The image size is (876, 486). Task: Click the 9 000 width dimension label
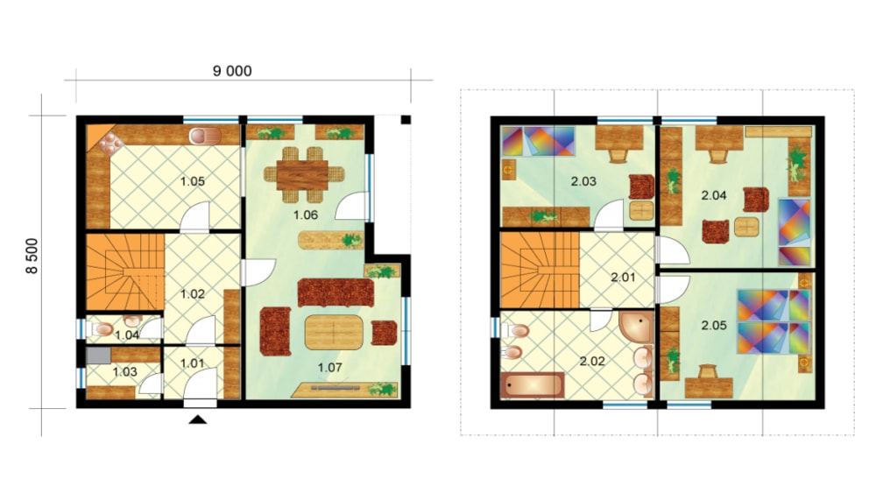[232, 71]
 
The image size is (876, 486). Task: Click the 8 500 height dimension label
[32, 256]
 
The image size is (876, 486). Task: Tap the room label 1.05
[192, 181]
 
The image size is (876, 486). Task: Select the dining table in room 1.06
[302, 175]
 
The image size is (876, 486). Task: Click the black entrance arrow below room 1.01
[198, 419]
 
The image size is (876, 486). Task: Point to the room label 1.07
[329, 368]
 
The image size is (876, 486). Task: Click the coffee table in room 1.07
[334, 333]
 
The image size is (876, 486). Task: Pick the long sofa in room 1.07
[336, 292]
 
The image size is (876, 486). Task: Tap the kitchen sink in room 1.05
[205, 136]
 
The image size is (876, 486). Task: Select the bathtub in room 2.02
[533, 385]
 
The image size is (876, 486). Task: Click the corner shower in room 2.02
[636, 327]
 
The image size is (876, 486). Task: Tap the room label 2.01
[623, 277]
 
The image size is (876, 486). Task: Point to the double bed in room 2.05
[774, 321]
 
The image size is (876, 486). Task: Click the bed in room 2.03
[538, 141]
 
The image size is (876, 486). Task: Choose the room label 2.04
[713, 195]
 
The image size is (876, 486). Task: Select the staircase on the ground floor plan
[125, 272]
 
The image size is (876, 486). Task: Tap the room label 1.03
[124, 372]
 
